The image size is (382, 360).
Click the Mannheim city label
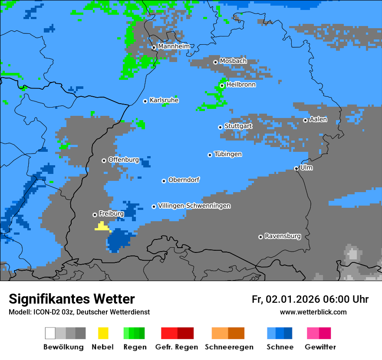[174, 46]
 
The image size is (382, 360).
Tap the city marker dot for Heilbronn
[222, 85]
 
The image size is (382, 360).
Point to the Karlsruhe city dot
[145, 101]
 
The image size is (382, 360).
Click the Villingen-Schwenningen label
[194, 206]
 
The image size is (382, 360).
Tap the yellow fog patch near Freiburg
[102, 226]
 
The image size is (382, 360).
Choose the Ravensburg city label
[283, 236]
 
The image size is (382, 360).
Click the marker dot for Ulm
[296, 168]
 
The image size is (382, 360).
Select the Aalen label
[318, 119]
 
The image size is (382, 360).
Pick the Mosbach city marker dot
[215, 62]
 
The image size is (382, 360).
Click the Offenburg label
[124, 160]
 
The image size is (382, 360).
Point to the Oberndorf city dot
[164, 181]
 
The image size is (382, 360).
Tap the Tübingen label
[228, 154]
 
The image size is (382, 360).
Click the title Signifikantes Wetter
[72, 299]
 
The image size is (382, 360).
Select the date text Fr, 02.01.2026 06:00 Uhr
[310, 299]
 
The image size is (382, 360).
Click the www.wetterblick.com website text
[313, 312]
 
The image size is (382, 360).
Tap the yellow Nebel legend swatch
[103, 333]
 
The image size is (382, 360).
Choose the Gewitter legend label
[320, 347]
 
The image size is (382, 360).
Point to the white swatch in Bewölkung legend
[50, 333]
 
